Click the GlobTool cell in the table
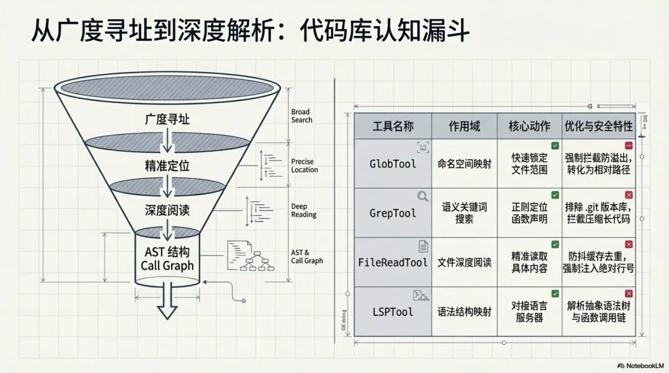(x=393, y=164)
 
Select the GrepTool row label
(x=393, y=213)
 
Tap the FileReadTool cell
(x=393, y=262)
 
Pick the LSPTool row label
(x=393, y=312)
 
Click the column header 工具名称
(x=393, y=126)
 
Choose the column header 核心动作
(x=529, y=126)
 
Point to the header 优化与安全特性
(x=598, y=126)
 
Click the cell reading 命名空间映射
(x=464, y=164)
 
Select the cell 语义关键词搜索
(x=464, y=213)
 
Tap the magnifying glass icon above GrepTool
(x=423, y=196)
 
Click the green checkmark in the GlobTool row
(x=555, y=146)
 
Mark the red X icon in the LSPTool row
(x=629, y=294)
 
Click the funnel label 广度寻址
(x=167, y=120)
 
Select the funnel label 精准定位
(x=167, y=165)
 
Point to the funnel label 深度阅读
(x=167, y=211)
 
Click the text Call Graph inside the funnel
(x=167, y=266)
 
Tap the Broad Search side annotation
(x=302, y=116)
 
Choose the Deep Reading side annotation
(x=304, y=211)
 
